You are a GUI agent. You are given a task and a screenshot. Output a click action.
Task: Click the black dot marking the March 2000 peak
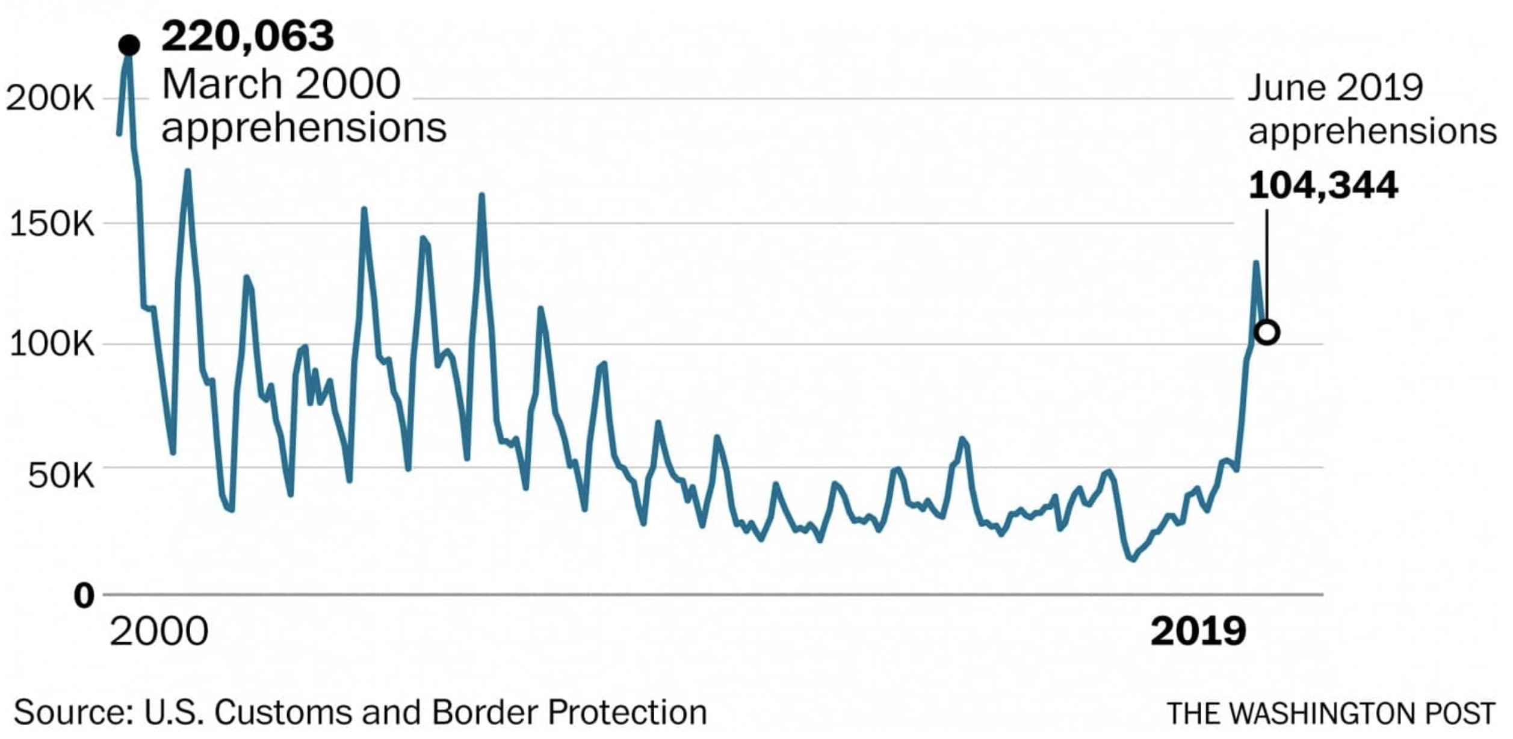(129, 45)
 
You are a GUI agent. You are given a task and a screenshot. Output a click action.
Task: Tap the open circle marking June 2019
(1267, 332)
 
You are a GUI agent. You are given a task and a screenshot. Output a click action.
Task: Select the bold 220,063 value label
(247, 36)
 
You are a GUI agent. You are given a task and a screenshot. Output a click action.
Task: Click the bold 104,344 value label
(1323, 185)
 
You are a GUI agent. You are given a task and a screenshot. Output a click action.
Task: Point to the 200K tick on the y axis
(51, 98)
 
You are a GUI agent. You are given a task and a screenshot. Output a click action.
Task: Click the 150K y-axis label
(52, 224)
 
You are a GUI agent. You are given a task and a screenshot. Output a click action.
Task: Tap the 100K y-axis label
(52, 345)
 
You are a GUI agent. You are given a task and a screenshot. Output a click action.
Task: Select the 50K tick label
(61, 476)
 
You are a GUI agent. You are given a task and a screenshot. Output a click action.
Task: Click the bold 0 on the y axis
(84, 596)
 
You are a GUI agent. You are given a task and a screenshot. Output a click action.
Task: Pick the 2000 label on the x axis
(159, 632)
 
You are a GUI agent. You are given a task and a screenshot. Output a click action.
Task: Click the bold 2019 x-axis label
(1198, 632)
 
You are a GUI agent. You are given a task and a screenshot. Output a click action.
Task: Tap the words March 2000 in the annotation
(281, 84)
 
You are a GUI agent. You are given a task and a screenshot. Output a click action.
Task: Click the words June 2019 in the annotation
(1335, 88)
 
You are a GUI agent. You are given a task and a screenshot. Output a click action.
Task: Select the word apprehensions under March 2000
(304, 128)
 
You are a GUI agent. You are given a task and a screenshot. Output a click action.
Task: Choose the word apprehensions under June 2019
(1372, 131)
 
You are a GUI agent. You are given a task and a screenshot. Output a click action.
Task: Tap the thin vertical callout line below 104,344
(1266, 265)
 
